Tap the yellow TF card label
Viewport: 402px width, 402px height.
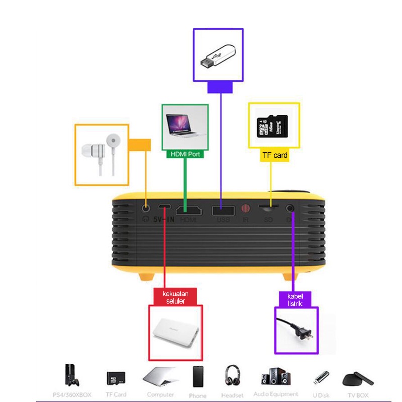click(275, 155)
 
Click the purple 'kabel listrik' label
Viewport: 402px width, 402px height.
click(298, 299)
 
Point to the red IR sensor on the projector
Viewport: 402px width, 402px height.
click(246, 208)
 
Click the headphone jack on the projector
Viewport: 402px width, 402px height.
click(146, 207)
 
